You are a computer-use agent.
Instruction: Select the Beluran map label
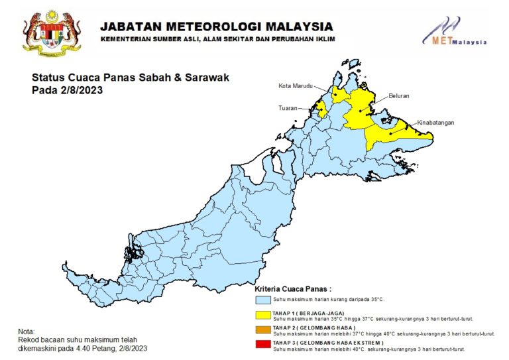pyautogui.click(x=400, y=96)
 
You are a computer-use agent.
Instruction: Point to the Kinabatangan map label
pyautogui.click(x=435, y=123)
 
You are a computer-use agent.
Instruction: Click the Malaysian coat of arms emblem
pyautogui.click(x=51, y=32)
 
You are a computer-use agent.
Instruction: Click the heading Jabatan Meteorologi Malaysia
pyautogui.click(x=216, y=27)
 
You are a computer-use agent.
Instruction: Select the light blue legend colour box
pyautogui.click(x=263, y=300)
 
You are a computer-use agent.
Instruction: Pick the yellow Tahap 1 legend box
pyautogui.click(x=263, y=314)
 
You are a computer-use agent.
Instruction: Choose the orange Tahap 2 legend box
pyautogui.click(x=263, y=330)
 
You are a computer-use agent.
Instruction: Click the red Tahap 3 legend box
pyautogui.click(x=263, y=344)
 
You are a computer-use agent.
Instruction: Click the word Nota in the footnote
pyautogui.click(x=27, y=331)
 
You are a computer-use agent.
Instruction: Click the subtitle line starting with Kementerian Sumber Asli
pyautogui.click(x=217, y=39)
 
